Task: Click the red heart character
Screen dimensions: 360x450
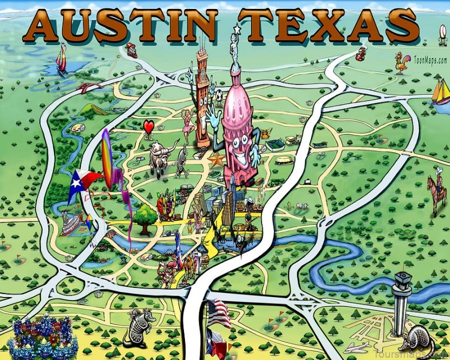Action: (x=148, y=128)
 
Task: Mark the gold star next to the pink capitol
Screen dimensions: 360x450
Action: (x=216, y=160)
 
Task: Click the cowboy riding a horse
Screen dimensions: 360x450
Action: (x=436, y=191)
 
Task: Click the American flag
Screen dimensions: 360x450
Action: (x=218, y=312)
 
